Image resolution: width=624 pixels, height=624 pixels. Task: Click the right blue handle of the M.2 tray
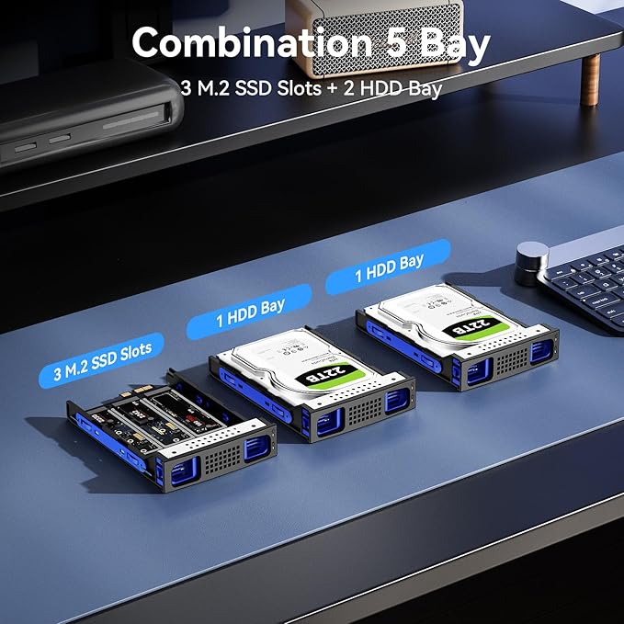tap(255, 449)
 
